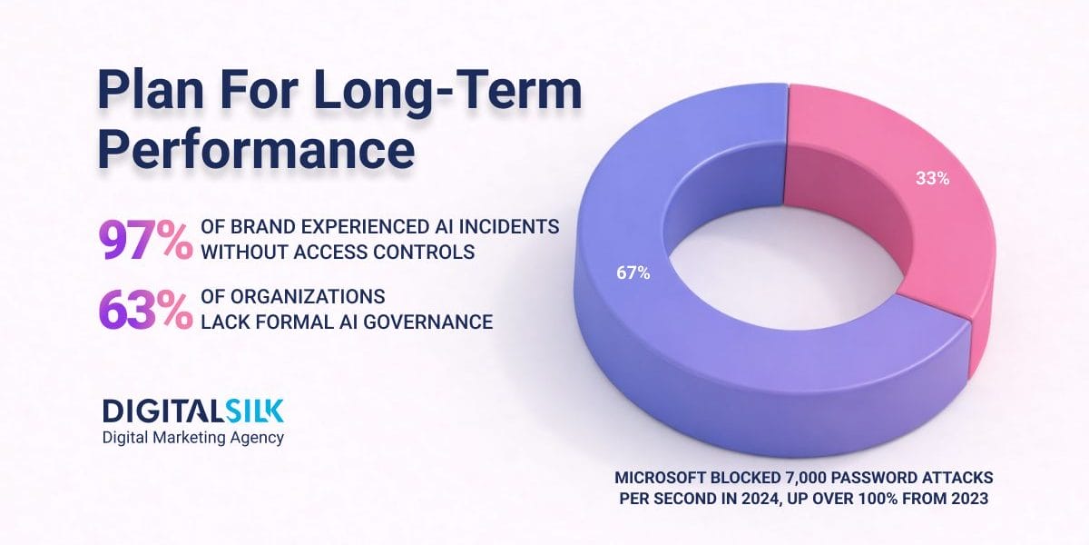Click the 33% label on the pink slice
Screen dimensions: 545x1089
931,179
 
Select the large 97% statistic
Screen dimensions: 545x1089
144,240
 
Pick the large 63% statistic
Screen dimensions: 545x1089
144,310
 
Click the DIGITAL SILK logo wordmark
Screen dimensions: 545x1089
192,411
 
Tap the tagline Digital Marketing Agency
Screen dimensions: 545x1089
192,438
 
